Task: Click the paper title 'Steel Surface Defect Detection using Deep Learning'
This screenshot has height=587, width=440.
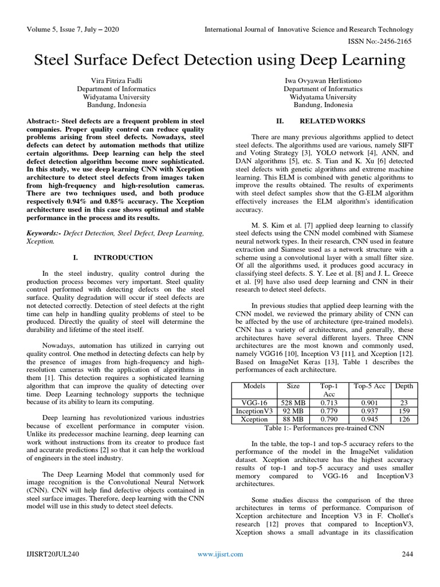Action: click(220, 60)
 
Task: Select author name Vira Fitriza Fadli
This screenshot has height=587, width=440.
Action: click(116, 81)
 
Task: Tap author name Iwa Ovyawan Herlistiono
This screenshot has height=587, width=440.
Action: click(324, 81)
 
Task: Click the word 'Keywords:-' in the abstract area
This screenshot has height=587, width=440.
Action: click(45, 233)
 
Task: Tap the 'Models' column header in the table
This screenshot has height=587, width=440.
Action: click(254, 386)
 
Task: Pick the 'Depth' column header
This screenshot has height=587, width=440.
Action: click(403, 386)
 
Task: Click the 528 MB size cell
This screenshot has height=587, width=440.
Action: click(293, 402)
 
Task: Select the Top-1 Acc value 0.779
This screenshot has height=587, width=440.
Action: click(328, 411)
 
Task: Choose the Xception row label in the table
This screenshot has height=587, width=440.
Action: click(254, 419)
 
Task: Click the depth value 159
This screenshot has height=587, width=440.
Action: click(403, 411)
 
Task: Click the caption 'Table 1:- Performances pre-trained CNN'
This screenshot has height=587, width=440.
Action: click(324, 428)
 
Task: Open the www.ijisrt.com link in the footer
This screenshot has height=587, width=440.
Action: click(220, 554)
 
